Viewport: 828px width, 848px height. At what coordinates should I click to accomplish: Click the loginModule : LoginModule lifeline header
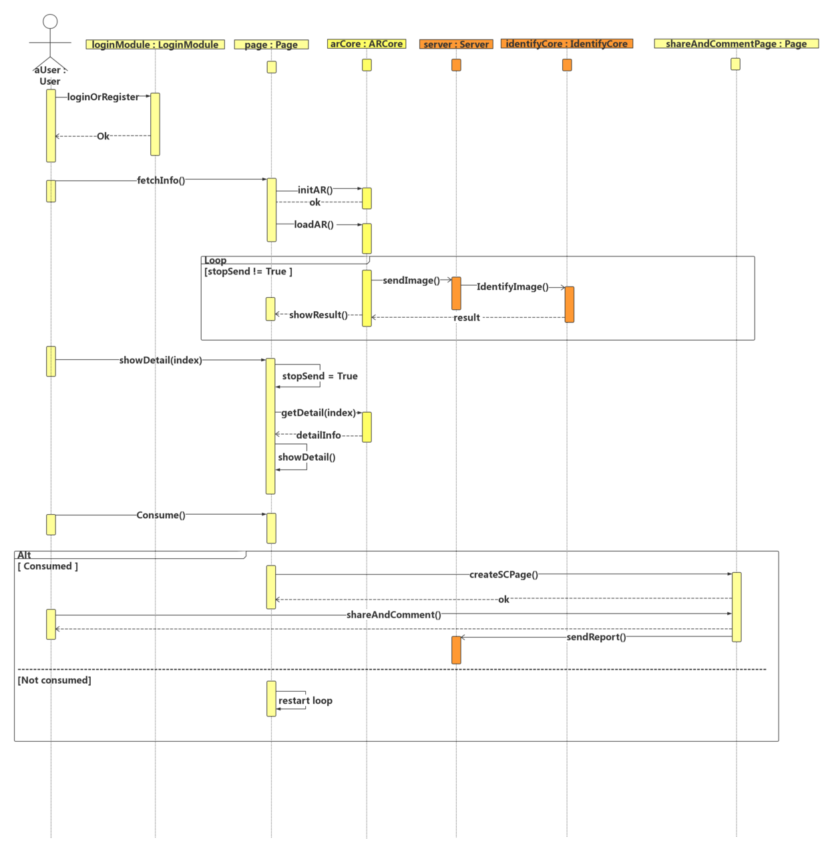pos(155,45)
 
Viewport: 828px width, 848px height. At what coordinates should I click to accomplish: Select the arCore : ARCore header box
pos(367,44)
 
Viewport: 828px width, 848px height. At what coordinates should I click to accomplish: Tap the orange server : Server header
pos(456,45)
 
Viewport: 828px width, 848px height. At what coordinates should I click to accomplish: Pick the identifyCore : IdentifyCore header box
pos(566,44)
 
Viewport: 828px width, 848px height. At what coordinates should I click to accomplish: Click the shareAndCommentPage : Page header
pos(736,44)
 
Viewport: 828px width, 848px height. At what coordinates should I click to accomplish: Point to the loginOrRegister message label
pos(103,97)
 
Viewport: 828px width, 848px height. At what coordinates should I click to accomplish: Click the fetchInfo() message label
pos(161,180)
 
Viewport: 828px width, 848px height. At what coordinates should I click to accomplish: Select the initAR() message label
pos(315,190)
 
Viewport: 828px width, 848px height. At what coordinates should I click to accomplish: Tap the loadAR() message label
pos(314,224)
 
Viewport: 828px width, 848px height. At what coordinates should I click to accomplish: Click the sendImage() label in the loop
pos(411,280)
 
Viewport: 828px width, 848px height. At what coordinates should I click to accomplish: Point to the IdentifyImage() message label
pos(512,287)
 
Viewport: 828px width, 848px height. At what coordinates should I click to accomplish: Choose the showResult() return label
pos(318,315)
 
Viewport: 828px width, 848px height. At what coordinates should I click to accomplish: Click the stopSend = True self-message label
pos(320,377)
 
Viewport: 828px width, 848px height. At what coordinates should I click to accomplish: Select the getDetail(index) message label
pos(318,413)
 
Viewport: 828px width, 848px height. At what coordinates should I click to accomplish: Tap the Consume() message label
pos(161,515)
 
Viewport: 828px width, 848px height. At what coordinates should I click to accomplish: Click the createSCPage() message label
pos(503,575)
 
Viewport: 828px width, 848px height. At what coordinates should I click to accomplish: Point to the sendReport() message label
pos(596,638)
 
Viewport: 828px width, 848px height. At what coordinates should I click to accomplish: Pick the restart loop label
pos(305,701)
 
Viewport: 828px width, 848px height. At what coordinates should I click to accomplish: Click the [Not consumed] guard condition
pos(55,680)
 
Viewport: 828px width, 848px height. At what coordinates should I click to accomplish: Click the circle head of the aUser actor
pos(50,21)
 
